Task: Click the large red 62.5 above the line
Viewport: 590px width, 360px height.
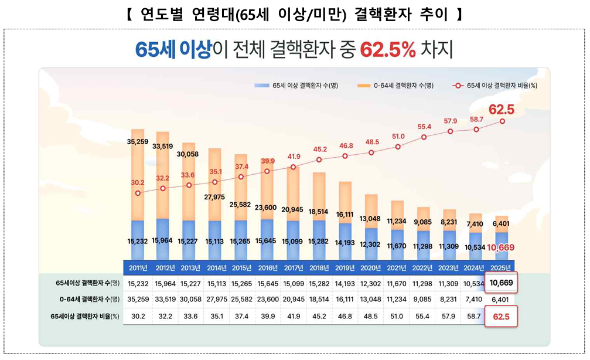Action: [502, 109]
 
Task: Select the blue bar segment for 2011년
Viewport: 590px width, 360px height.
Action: [138, 239]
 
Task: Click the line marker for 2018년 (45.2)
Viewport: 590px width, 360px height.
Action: [319, 159]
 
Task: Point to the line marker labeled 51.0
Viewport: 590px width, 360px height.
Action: [398, 146]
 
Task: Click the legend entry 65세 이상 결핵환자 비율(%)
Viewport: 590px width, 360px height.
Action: [496, 86]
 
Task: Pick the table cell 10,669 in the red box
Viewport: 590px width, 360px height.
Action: [502, 284]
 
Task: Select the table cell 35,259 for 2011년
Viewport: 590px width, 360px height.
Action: [138, 300]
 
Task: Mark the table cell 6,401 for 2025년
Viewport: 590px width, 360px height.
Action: [502, 300]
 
